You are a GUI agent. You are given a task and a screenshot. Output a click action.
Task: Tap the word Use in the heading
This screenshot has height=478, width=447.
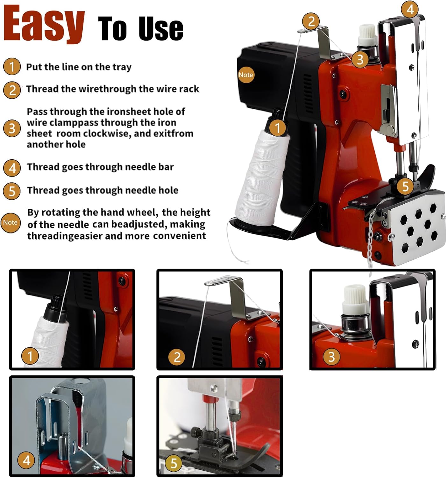(x=161, y=28)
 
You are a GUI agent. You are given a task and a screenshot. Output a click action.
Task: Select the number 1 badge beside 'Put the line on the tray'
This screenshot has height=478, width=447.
(x=12, y=66)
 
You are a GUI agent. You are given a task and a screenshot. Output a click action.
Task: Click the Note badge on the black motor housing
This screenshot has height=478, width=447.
(x=246, y=75)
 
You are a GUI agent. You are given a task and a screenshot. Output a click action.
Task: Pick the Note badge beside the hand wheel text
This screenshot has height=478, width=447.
(x=10, y=223)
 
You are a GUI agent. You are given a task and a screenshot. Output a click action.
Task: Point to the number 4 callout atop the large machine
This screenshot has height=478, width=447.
(x=410, y=10)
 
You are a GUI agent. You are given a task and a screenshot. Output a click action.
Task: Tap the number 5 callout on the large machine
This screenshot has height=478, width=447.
(x=405, y=186)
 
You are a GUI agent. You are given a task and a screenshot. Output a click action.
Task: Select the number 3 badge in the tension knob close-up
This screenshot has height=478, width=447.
(x=332, y=357)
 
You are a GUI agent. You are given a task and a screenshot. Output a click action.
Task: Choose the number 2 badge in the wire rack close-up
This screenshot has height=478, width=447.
(x=177, y=357)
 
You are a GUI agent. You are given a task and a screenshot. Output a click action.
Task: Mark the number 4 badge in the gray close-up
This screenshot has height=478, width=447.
(x=26, y=460)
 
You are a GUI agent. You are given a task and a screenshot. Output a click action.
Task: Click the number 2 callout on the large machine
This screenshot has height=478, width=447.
(x=311, y=21)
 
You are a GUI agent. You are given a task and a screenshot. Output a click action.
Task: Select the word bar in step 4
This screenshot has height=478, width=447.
(x=166, y=167)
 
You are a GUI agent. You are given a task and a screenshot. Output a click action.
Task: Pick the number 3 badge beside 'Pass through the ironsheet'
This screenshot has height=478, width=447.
(x=12, y=128)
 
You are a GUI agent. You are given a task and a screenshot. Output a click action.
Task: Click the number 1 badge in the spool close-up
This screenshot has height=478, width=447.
(x=30, y=356)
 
